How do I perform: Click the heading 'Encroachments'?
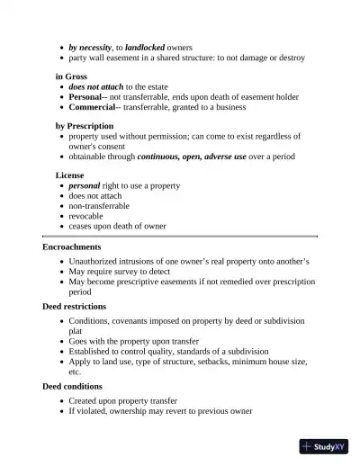click(x=72, y=246)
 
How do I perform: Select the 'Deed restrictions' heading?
click(x=74, y=307)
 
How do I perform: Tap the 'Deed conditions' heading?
click(x=72, y=386)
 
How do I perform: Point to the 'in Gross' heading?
click(x=71, y=76)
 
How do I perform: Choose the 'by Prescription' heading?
click(x=85, y=126)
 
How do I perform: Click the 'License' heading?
click(x=70, y=175)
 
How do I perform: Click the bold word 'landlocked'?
click(x=145, y=47)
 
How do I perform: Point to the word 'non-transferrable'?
click(x=99, y=206)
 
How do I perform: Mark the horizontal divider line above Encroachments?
click(x=180, y=236)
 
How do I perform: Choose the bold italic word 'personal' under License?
click(x=85, y=185)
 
